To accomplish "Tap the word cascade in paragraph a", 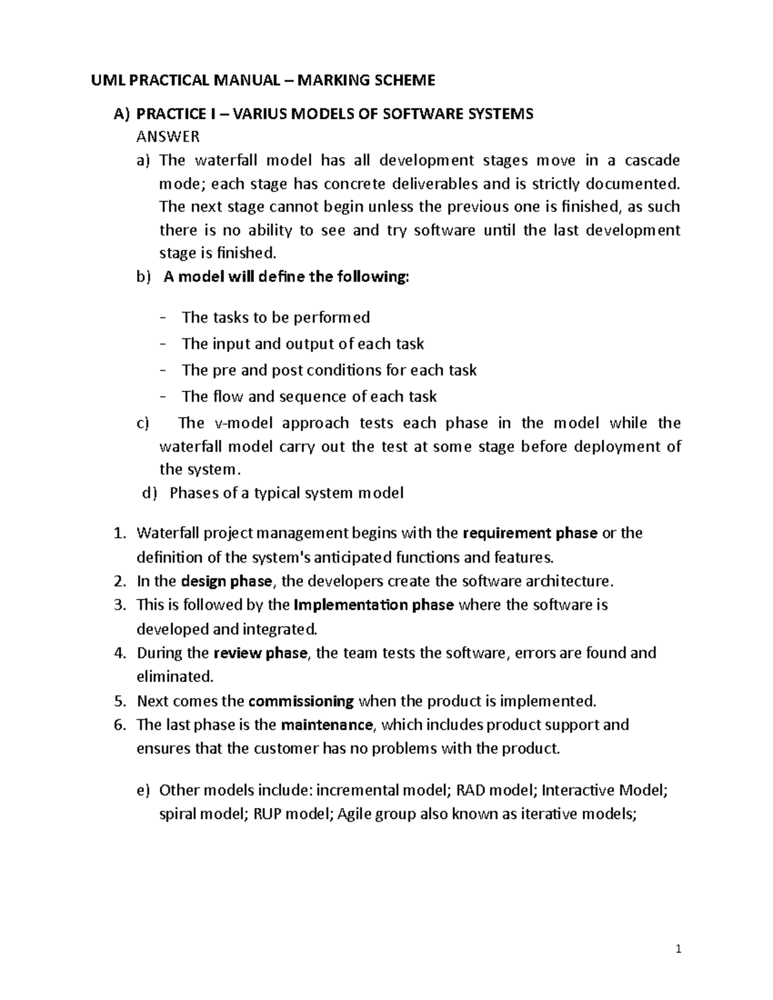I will tap(653, 160).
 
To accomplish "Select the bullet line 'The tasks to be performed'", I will tap(276, 317).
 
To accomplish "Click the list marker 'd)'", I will tap(149, 493).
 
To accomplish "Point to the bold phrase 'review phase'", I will tap(260, 653).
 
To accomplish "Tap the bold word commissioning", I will tap(301, 701).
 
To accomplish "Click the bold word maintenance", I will tap(327, 725).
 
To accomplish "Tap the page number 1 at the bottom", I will tap(678, 949).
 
